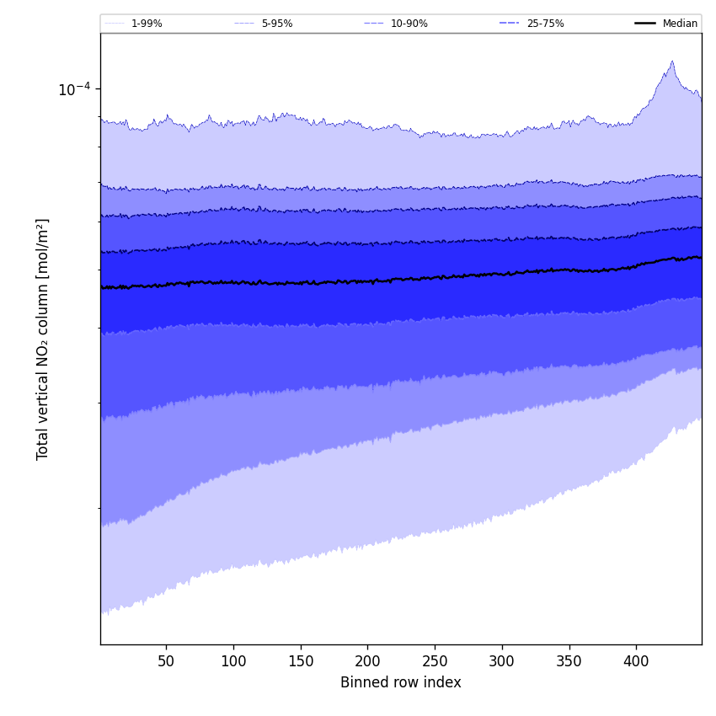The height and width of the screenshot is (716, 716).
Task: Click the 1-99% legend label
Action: coord(147,24)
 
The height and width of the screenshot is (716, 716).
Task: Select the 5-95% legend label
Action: coord(277,24)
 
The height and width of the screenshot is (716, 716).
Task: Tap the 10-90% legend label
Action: coord(409,24)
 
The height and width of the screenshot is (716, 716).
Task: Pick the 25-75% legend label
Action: coord(545,24)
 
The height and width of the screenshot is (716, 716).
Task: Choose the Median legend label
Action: coord(680,24)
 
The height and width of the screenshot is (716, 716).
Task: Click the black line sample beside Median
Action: coord(646,24)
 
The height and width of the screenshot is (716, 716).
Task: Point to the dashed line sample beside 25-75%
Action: coord(510,24)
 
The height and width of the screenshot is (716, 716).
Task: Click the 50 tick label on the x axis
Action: coord(166,661)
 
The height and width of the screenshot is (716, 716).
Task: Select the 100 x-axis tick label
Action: coord(233,661)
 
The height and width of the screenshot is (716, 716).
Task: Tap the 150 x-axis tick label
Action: coord(301,661)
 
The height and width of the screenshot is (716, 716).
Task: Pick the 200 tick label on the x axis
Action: coord(367,661)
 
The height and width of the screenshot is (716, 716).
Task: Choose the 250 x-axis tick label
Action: coord(435,661)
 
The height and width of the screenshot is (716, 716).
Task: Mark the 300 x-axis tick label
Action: coord(502,661)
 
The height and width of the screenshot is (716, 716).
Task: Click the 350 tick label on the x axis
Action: coord(569,661)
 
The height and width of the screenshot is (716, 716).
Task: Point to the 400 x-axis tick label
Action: coord(636,661)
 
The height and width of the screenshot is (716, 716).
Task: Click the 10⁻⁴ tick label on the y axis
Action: coord(73,89)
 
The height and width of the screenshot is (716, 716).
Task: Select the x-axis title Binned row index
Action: coord(401,682)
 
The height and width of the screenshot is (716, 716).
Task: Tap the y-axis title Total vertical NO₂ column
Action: coord(43,339)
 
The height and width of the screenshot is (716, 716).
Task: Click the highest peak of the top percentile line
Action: coord(672,61)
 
